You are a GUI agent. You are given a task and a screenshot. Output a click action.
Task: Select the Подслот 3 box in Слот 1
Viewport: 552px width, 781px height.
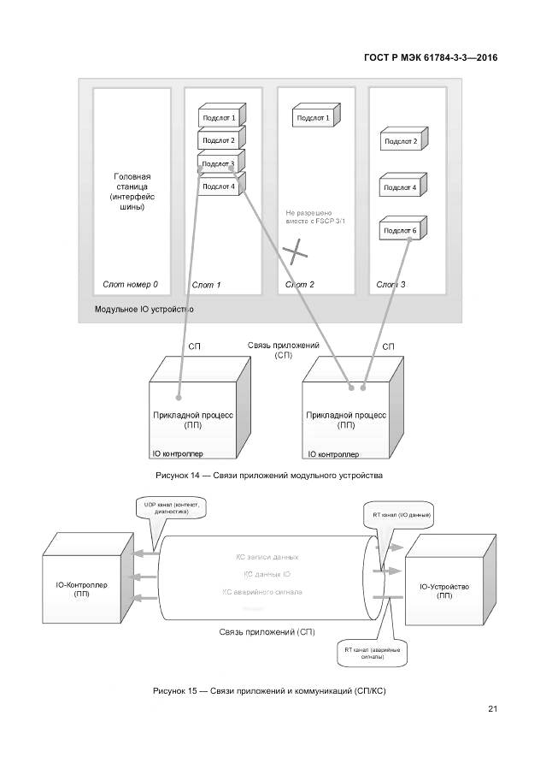point(219,163)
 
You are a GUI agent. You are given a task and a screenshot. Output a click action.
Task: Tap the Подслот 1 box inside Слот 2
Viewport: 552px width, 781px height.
point(314,117)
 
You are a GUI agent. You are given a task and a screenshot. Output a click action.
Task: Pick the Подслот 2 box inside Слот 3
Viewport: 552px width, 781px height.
point(401,142)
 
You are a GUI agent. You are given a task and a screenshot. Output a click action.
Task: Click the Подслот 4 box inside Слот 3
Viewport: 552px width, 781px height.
point(401,187)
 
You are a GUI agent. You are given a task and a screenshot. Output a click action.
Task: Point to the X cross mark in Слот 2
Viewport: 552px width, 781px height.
point(296,251)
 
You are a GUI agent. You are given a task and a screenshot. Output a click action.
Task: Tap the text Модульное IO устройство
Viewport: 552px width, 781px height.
point(144,309)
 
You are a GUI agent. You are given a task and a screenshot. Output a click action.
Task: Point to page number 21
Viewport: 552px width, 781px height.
point(492,708)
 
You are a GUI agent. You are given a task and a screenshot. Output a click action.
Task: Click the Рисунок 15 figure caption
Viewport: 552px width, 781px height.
point(269,689)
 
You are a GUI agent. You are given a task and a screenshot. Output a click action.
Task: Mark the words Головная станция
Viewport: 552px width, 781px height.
point(132,181)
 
